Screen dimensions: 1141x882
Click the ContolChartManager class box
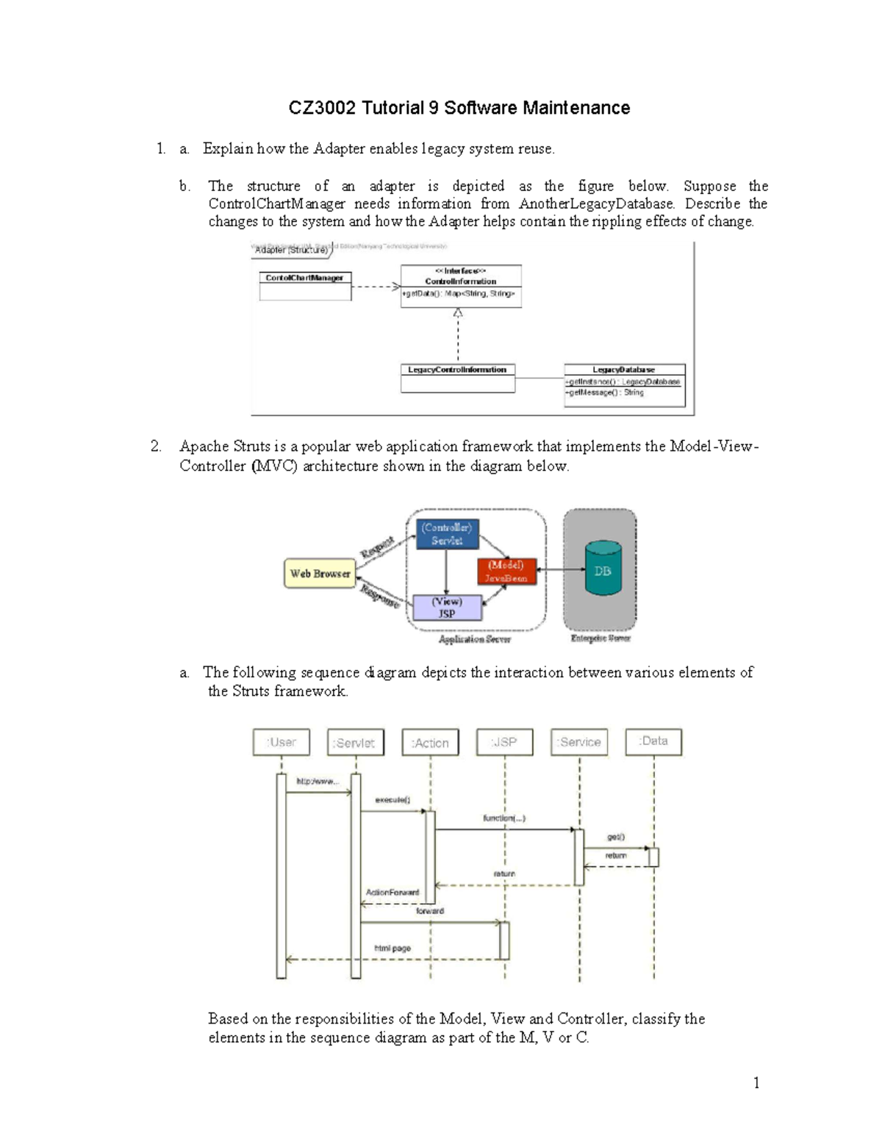[305, 286]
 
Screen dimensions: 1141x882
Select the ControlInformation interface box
[461, 286]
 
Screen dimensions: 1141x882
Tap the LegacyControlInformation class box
[457, 378]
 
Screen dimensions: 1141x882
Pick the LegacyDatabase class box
[624, 385]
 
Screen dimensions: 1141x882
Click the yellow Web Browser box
[320, 574]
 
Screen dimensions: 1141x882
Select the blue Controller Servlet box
[447, 534]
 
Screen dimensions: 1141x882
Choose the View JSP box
[447, 608]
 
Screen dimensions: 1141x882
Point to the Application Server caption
[474, 639]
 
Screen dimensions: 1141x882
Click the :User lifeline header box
[282, 742]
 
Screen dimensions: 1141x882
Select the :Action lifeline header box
[431, 743]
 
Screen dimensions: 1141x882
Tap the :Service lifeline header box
[579, 742]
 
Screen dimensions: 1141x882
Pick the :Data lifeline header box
[653, 741]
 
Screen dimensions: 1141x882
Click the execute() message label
[392, 800]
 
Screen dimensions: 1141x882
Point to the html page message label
[392, 949]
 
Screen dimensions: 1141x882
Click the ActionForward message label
[392, 893]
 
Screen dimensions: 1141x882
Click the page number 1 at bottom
[756, 1083]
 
